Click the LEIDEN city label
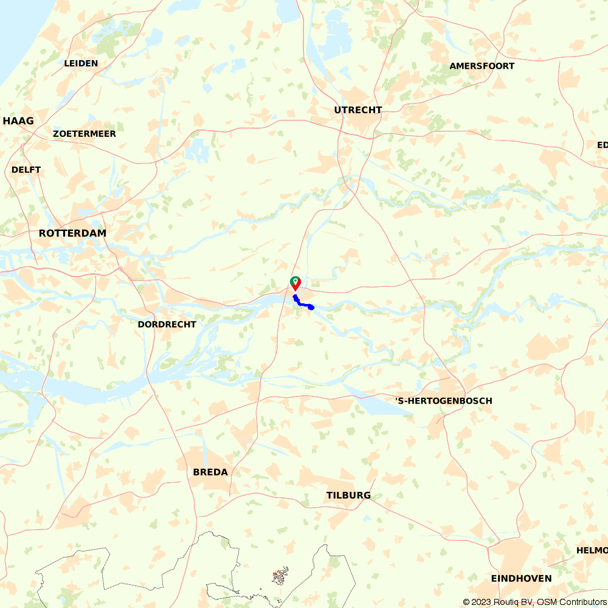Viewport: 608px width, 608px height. [81, 63]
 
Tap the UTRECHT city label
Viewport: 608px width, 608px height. [358, 110]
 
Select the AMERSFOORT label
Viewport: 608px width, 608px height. [482, 66]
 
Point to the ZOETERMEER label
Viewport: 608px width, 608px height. [85, 134]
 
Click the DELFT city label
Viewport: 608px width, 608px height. [26, 170]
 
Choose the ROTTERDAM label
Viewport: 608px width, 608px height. [72, 233]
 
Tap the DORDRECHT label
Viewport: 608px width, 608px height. [167, 325]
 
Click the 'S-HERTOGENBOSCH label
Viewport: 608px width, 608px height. [444, 401]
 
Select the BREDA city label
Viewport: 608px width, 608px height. [210, 472]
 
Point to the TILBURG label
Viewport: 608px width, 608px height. [348, 496]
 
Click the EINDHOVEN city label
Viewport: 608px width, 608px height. [522, 579]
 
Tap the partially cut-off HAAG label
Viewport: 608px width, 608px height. [18, 121]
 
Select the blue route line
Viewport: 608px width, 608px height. [303, 303]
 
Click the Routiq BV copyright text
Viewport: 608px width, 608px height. [498, 602]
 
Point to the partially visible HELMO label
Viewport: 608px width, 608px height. [592, 550]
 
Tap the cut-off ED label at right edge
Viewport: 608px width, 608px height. [602, 145]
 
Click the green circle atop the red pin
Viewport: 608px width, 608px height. [295, 280]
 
